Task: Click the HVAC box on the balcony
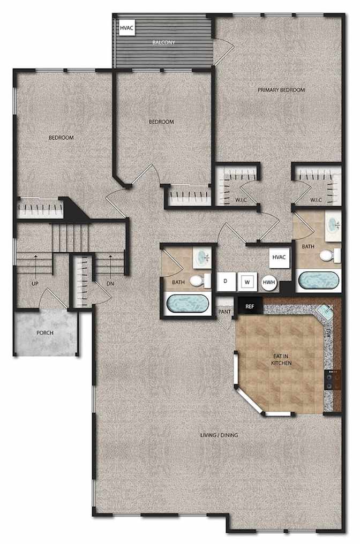tap(126, 28)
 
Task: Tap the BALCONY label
tap(164, 42)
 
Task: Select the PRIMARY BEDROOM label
tap(281, 90)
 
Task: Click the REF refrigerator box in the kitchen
tap(250, 306)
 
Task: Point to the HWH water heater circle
tap(269, 282)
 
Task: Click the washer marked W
tap(247, 282)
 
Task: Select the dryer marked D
tap(226, 281)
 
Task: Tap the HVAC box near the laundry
tap(279, 258)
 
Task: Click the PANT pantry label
tap(224, 312)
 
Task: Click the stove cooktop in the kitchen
tap(332, 380)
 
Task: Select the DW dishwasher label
tap(328, 333)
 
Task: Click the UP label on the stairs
tap(35, 284)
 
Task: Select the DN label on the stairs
tap(110, 284)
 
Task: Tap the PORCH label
tap(45, 333)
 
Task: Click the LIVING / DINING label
tap(220, 435)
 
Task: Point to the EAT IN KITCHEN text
tap(281, 360)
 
